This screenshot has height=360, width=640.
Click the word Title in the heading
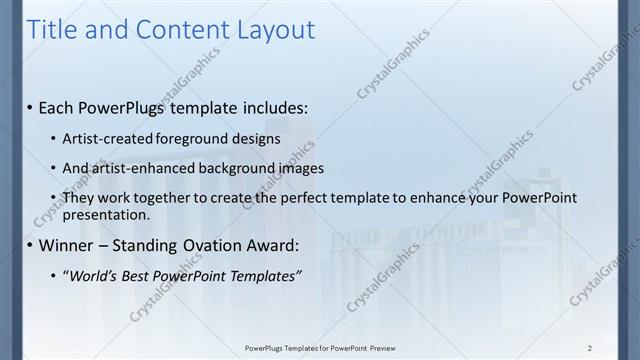pyautogui.click(x=50, y=31)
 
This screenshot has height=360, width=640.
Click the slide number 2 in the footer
pyautogui.click(x=590, y=347)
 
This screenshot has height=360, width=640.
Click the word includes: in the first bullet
pyautogui.click(x=268, y=106)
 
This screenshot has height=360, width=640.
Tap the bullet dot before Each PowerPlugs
pyautogui.click(x=29, y=107)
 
